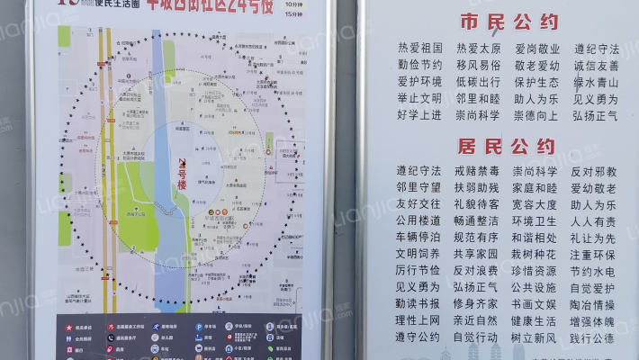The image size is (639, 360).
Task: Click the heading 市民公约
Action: (508, 22)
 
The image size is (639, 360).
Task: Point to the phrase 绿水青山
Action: (596, 82)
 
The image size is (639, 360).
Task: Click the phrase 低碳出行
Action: (478, 82)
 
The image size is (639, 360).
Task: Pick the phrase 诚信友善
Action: (596, 66)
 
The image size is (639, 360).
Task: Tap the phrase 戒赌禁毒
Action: (476, 171)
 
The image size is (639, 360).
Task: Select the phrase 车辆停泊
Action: (418, 238)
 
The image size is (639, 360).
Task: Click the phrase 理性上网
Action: (418, 320)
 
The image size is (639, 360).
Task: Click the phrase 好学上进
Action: (419, 115)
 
